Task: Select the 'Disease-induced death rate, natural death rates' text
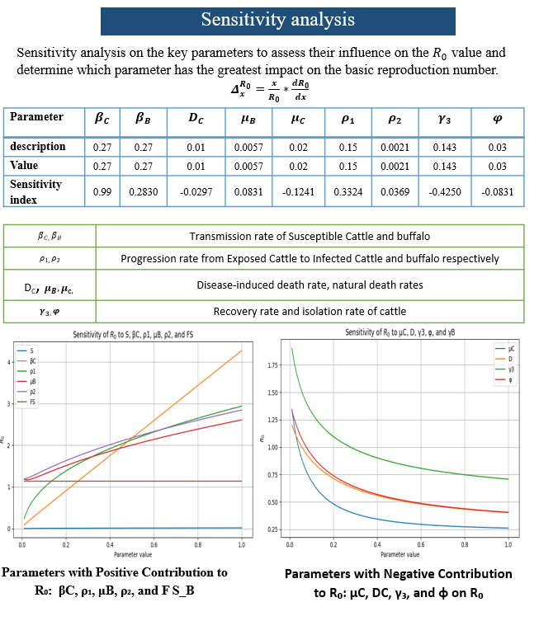click(310, 285)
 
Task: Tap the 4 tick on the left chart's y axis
click(8, 363)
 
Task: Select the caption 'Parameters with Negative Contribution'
click(398, 574)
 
